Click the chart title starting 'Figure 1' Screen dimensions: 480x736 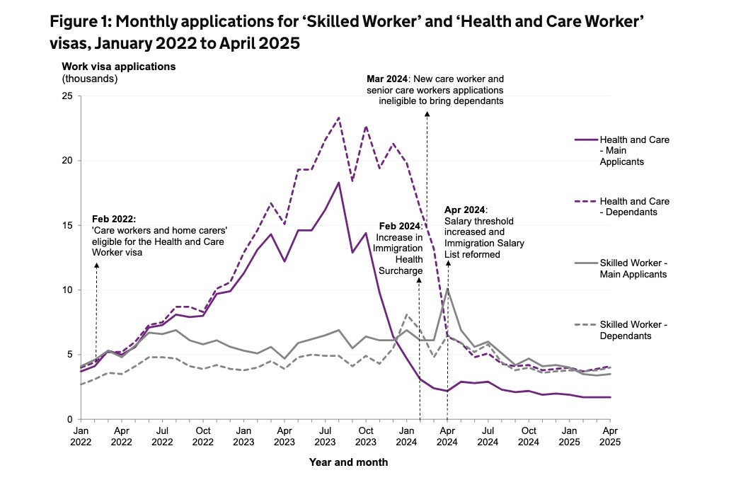pyautogui.click(x=347, y=32)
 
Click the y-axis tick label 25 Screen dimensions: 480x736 pyautogui.click(x=67, y=96)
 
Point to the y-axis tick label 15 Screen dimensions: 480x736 pyautogui.click(x=67, y=225)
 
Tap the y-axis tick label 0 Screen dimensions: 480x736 pyautogui.click(x=70, y=419)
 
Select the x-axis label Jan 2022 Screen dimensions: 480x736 pyautogui.click(x=81, y=435)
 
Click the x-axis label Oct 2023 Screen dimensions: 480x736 pyautogui.click(x=365, y=435)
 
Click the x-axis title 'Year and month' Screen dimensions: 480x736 pyautogui.click(x=348, y=462)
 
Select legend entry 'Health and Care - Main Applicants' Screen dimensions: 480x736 pyautogui.click(x=634, y=151)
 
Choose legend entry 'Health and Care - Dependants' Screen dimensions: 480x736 pyautogui.click(x=634, y=207)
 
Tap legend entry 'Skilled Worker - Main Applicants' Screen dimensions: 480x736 pyautogui.click(x=634, y=268)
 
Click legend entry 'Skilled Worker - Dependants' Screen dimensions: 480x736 pyautogui.click(x=634, y=330)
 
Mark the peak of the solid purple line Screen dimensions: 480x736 pyautogui.click(x=339, y=183)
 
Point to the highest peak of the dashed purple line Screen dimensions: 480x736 pyautogui.click(x=339, y=118)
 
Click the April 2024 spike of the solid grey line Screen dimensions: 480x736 pyautogui.click(x=447, y=289)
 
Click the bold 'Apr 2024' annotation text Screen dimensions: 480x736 pyautogui.click(x=464, y=210)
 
